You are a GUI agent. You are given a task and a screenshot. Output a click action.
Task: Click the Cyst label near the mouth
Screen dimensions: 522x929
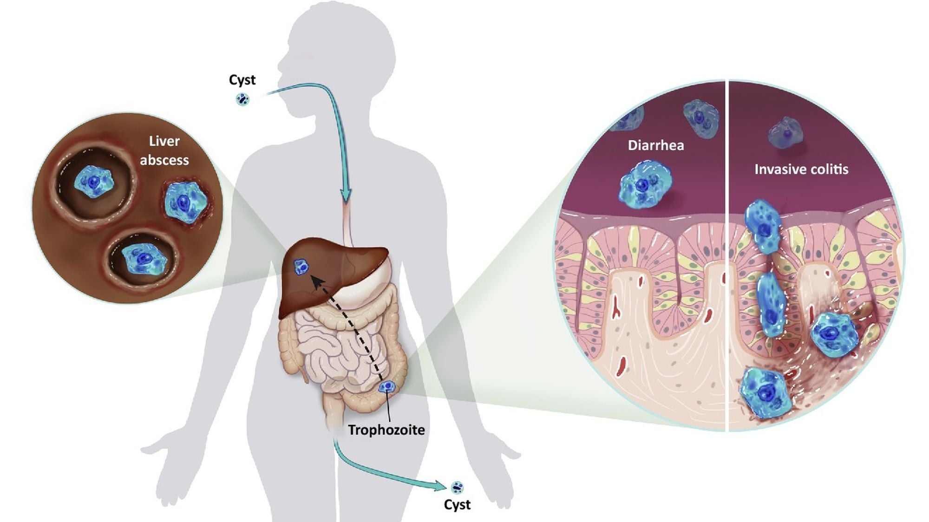pos(242,80)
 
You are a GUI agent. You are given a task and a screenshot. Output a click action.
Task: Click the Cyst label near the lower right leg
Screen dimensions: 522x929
pos(457,505)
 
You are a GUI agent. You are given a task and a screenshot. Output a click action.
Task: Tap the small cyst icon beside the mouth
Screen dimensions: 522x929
pos(242,99)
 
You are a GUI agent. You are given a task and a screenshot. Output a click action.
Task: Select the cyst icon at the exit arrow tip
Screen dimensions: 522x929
pos(457,487)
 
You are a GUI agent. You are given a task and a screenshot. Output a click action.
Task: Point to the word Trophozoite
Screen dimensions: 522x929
pos(386,430)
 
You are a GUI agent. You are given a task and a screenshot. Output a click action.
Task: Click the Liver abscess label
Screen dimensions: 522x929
pos(164,150)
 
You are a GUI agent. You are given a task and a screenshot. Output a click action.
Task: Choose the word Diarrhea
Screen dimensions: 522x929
pos(656,145)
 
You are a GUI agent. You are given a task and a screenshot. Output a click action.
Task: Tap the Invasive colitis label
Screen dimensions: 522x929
pos(801,169)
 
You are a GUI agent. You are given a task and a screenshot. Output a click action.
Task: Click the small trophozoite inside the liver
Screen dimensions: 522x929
pos(301,267)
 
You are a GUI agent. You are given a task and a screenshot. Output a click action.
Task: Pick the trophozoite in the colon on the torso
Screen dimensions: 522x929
pos(387,386)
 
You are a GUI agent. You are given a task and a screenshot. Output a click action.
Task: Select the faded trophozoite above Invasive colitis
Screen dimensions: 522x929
pos(786,133)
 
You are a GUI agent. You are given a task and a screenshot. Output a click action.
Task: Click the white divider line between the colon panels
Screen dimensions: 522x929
pos(727,255)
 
